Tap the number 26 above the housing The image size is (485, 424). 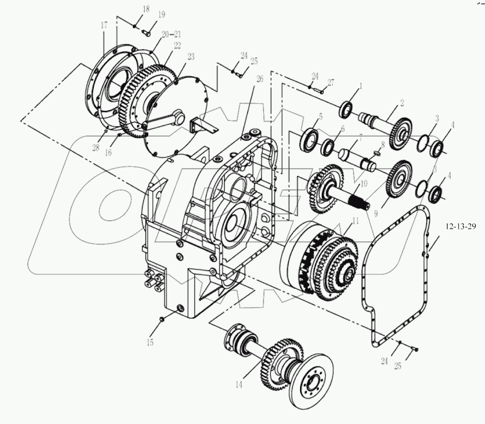[260, 80]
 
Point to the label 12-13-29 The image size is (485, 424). [463, 227]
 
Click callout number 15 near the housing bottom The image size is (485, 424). [150, 342]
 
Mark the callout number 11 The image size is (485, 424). [354, 221]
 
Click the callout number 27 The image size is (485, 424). [330, 83]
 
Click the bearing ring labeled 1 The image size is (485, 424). [346, 110]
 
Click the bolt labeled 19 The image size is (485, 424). [146, 32]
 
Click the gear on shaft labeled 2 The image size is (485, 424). [401, 132]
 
